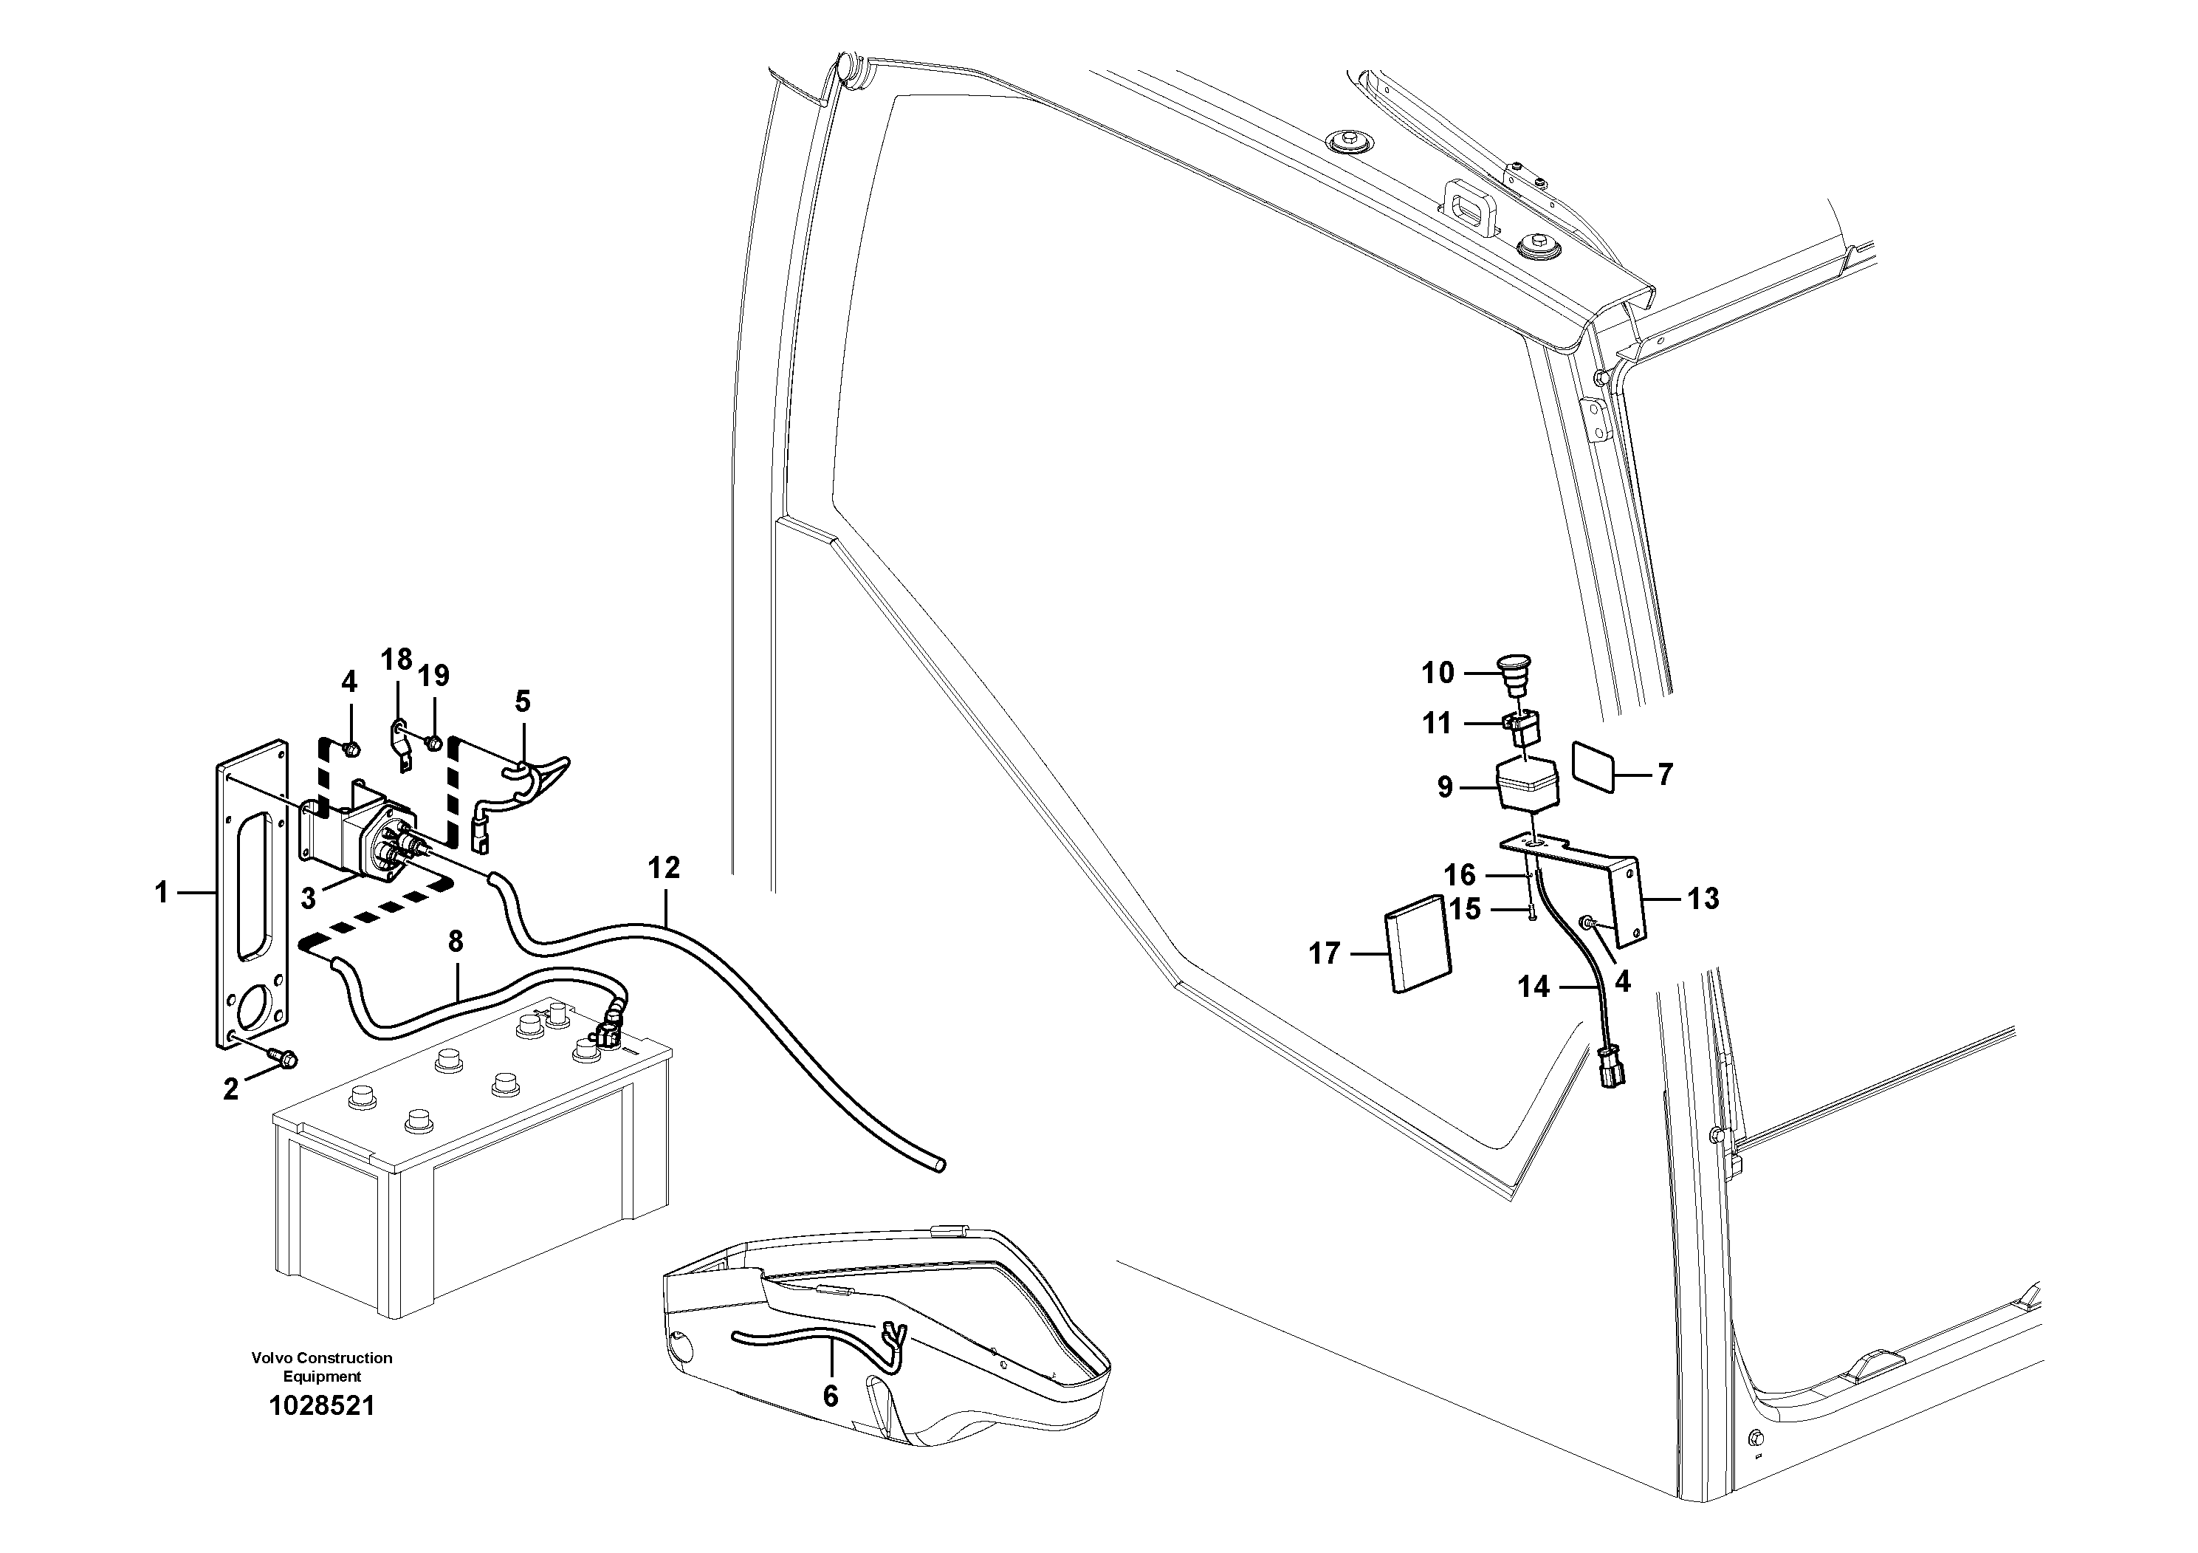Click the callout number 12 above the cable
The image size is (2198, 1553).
pyautogui.click(x=664, y=868)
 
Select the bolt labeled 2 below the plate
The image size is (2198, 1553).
pyautogui.click(x=284, y=1058)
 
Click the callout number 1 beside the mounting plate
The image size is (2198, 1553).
pyautogui.click(x=161, y=894)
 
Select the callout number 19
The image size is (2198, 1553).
pyautogui.click(x=433, y=676)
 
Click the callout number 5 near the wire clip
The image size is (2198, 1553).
pyautogui.click(x=522, y=701)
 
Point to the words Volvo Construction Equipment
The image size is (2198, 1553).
pyautogui.click(x=322, y=1367)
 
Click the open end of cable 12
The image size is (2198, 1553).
pyautogui.click(x=941, y=1165)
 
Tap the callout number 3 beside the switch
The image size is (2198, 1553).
pyautogui.click(x=309, y=899)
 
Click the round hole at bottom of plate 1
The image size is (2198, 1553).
pyautogui.click(x=254, y=1007)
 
